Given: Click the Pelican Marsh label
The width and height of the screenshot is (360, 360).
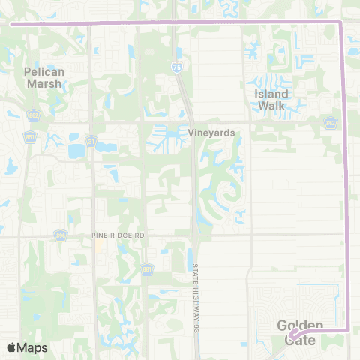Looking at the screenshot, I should tap(45, 77).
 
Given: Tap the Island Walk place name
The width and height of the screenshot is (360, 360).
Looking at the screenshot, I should tap(271, 100).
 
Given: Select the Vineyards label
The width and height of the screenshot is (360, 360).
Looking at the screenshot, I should tap(212, 133).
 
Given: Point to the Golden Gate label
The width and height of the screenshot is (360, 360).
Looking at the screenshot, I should tap(300, 332).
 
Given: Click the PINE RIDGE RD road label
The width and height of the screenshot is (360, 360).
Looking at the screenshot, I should tap(118, 235).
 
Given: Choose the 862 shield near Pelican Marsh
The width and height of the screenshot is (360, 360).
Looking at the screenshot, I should tap(34, 115).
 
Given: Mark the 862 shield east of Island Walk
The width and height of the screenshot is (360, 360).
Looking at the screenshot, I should tap(331, 121).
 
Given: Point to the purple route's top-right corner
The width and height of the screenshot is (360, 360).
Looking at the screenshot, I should tap(341, 23).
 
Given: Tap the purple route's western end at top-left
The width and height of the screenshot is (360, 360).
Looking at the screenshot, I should tap(10, 23).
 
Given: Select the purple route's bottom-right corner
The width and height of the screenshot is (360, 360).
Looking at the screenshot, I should tap(348, 328).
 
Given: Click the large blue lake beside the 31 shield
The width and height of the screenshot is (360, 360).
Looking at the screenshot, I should tap(77, 151).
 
